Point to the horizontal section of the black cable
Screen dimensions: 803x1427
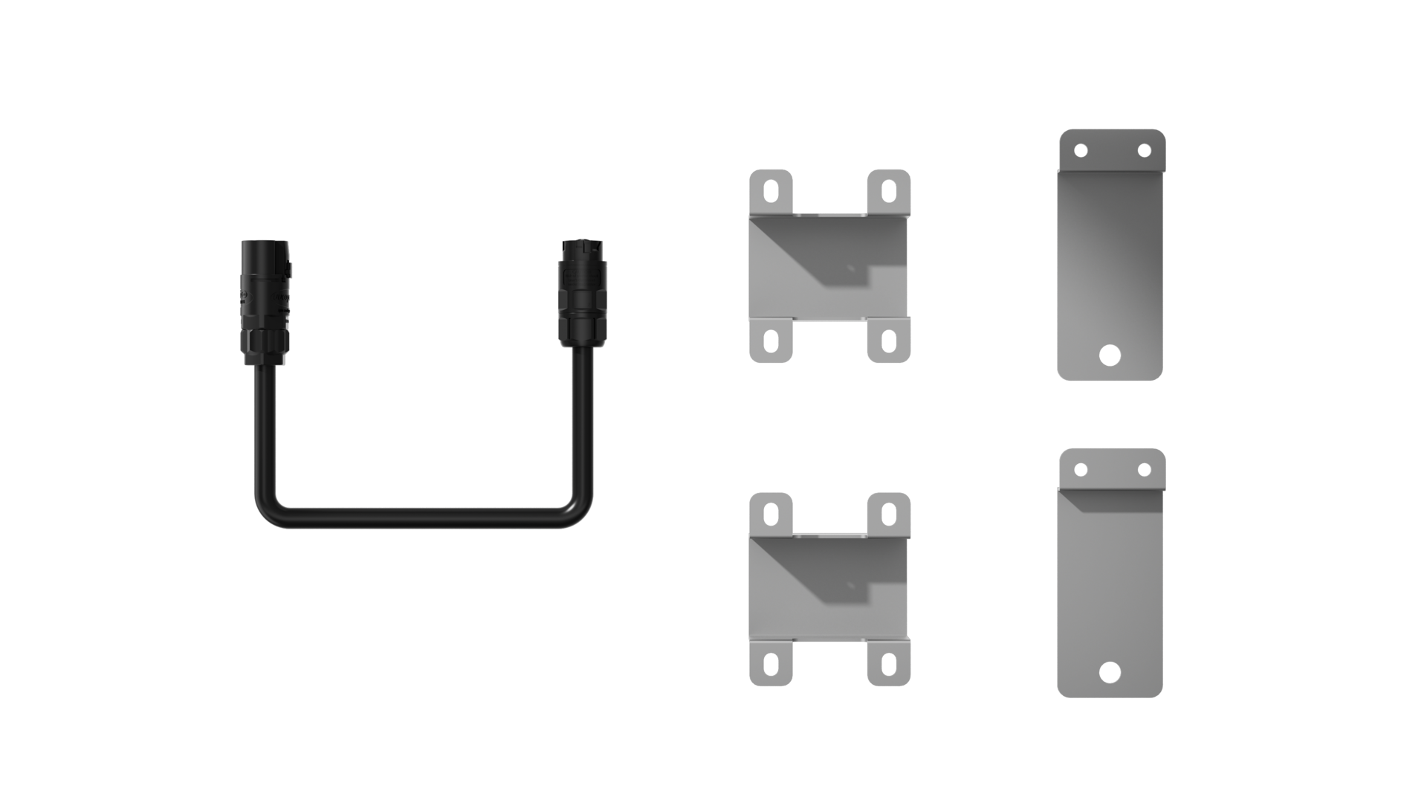pos(424,517)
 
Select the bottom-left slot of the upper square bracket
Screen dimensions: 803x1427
pos(772,341)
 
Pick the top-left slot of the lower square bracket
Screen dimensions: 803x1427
pos(772,512)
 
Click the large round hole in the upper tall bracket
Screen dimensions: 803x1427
pos(1110,353)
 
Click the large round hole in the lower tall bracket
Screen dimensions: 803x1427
pos(1110,673)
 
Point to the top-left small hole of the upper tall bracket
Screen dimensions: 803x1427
pos(1081,151)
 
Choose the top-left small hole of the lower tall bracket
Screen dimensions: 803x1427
pos(1081,470)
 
